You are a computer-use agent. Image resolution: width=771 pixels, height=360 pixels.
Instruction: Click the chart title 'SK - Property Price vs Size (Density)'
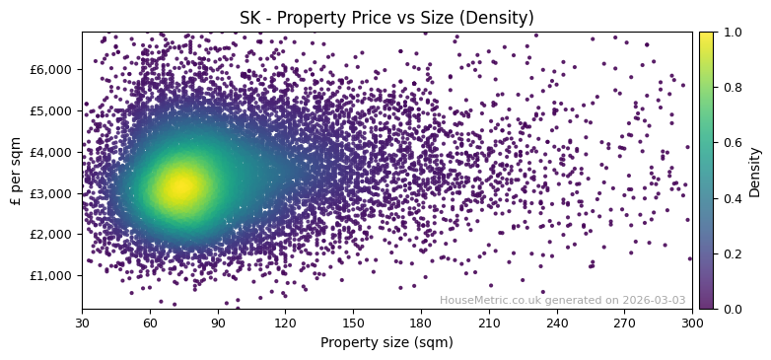[x=386, y=18]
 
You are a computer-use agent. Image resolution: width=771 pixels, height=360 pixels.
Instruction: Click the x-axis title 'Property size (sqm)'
[x=386, y=342]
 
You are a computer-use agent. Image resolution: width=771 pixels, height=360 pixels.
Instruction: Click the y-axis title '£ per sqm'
[x=16, y=170]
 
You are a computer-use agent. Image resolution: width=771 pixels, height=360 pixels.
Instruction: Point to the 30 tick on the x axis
[x=82, y=323]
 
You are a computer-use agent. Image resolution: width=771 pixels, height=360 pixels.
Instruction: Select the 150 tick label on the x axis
[x=353, y=323]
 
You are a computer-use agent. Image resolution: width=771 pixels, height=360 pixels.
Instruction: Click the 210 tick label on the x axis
[x=489, y=323]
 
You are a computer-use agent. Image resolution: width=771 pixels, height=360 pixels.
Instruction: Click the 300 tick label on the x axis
[x=692, y=323]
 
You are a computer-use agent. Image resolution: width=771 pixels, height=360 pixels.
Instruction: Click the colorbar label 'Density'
[x=755, y=170]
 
